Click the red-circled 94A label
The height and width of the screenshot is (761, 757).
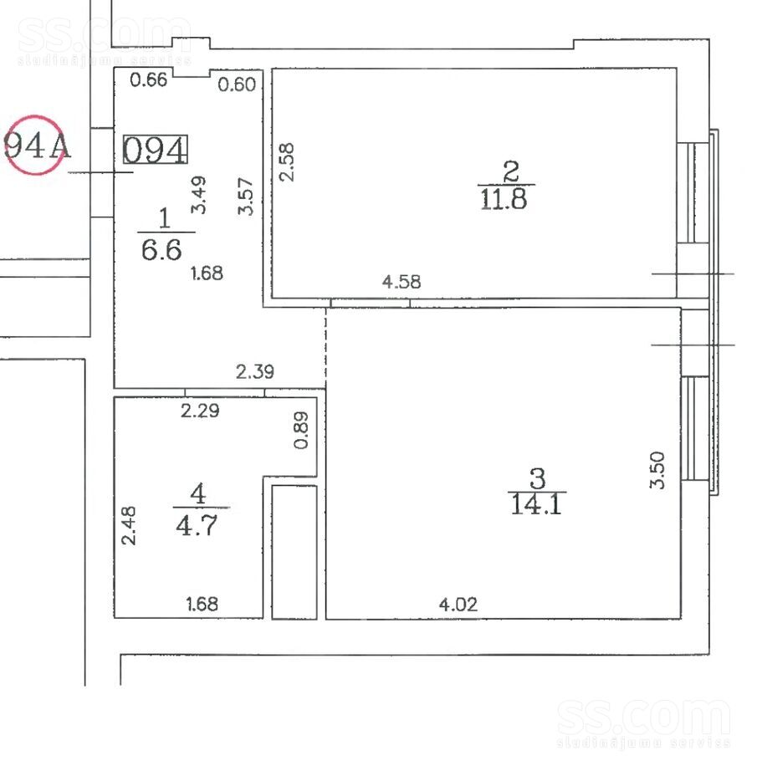pos(36,146)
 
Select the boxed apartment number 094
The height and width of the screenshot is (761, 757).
pos(156,149)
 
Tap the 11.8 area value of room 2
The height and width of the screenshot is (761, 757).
pos(504,199)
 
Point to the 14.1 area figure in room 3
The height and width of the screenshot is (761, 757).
pos(536,503)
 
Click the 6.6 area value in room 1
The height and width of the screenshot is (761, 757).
pos(161,250)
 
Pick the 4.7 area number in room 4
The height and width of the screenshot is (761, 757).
pos(197,524)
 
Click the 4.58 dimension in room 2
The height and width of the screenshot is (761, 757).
pos(402,282)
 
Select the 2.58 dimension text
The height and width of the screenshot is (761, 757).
pos(286,162)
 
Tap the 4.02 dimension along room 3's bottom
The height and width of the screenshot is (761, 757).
pos(458,605)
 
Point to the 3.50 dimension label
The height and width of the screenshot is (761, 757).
pos(657,470)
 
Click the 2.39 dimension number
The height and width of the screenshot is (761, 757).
pos(255,372)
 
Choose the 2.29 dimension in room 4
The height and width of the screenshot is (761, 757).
pos(200,411)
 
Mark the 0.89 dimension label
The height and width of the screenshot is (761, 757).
pos(301,431)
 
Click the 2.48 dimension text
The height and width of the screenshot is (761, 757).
pos(129,526)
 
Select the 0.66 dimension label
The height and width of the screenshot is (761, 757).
pos(149,79)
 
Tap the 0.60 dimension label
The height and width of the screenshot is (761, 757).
pos(237,84)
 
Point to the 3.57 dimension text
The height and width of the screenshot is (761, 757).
pos(246,197)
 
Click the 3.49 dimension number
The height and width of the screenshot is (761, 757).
pos(198,195)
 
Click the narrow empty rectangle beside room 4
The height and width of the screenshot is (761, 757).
pos(294,552)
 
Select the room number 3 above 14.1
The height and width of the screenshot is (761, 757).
pos(538,478)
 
